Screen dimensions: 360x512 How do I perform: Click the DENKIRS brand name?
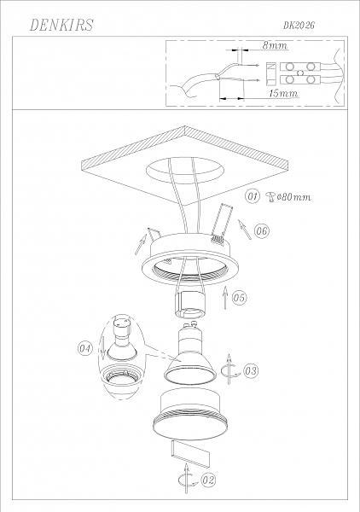pyautogui.click(x=61, y=25)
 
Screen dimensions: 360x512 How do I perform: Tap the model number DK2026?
pyautogui.click(x=299, y=25)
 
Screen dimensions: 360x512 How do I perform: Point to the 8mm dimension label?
pyautogui.click(x=276, y=45)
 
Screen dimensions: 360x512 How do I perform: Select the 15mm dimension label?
pyautogui.click(x=283, y=93)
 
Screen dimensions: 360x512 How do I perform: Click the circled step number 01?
pyautogui.click(x=253, y=196)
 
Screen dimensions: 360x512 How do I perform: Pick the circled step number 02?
pyautogui.click(x=208, y=480)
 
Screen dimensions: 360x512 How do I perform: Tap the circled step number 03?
pyautogui.click(x=251, y=370)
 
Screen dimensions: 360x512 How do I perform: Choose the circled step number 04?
pyautogui.click(x=85, y=348)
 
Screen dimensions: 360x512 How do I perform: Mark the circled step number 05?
pyautogui.click(x=239, y=298)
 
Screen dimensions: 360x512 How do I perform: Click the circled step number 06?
pyautogui.click(x=261, y=231)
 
